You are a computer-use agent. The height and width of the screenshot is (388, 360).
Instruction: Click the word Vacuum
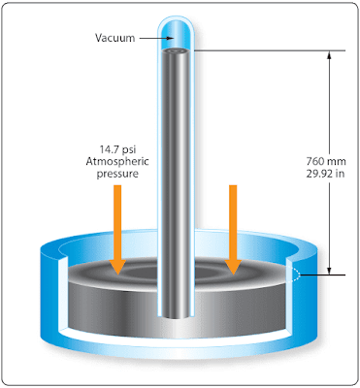115,38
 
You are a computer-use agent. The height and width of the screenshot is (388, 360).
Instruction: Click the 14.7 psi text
117,150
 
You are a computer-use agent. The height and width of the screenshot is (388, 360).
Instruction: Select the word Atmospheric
117,161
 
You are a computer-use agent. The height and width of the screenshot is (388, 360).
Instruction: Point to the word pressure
117,174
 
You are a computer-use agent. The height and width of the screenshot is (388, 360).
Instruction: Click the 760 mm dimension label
326,161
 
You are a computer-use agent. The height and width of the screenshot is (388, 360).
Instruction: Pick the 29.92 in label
325,174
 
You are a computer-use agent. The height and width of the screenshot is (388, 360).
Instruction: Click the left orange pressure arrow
117,230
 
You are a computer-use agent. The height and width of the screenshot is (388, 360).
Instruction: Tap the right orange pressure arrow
233,230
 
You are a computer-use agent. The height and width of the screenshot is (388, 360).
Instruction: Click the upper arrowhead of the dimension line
329,55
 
